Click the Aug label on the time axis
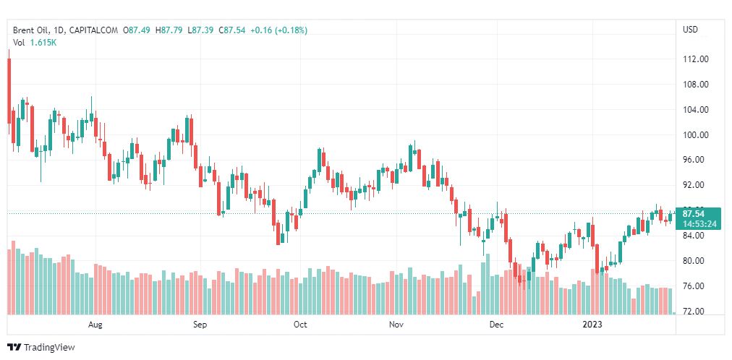tap(95, 325)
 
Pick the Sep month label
tap(200, 325)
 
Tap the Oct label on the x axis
tap(300, 325)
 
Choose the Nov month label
tap(396, 325)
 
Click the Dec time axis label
tap(496, 325)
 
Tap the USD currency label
tap(690, 30)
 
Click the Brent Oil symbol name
tap(32, 30)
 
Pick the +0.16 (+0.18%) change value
tap(278, 30)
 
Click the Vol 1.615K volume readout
tap(35, 43)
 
